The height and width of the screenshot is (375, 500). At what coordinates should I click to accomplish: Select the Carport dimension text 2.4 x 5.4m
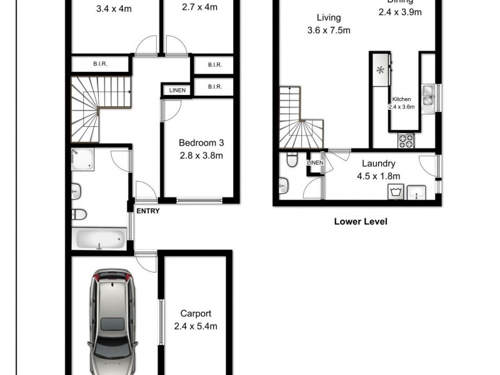point(196,326)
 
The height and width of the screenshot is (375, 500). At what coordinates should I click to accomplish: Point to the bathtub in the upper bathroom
point(100,238)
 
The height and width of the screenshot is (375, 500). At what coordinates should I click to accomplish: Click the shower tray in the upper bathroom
point(83,159)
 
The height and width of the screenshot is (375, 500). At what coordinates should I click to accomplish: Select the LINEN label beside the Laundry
point(315,163)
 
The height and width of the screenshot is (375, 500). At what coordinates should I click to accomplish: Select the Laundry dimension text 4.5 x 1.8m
point(377,176)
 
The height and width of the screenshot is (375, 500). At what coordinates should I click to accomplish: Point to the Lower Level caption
point(361,221)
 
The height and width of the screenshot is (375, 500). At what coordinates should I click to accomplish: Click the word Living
point(327,18)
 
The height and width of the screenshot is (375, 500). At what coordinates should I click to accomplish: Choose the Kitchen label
point(401,99)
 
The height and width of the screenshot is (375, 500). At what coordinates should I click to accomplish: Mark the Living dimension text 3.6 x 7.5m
point(328,30)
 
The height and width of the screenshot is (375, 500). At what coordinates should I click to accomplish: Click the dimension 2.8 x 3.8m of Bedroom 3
point(201,156)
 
